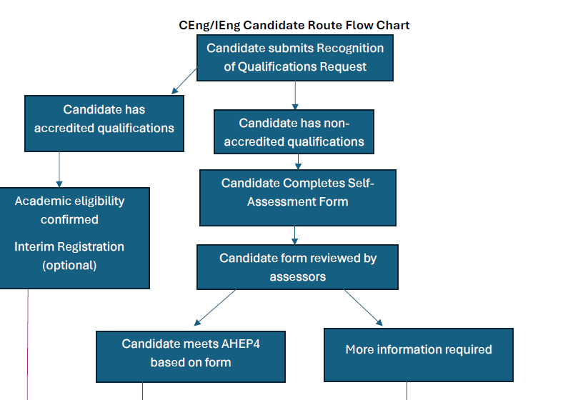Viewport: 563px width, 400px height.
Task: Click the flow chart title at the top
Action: click(294, 25)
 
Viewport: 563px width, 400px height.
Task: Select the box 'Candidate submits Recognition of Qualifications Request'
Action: click(295, 57)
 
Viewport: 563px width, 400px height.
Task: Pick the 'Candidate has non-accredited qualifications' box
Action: click(294, 132)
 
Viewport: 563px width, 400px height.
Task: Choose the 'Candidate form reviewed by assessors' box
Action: click(297, 266)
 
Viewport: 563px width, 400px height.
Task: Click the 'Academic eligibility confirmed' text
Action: click(69, 210)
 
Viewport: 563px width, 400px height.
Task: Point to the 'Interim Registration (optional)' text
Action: click(69, 256)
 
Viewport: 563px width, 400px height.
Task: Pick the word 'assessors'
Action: click(298, 276)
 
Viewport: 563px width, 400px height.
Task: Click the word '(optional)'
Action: click(69, 265)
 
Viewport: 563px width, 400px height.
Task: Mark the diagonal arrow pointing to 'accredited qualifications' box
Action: click(184, 81)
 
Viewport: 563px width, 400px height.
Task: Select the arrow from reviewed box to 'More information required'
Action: click(363, 307)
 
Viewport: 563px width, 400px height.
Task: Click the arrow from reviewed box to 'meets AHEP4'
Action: click(215, 307)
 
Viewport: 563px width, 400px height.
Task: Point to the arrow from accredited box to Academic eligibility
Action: click(59, 169)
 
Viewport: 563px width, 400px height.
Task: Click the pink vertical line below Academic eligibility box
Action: click(28, 343)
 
